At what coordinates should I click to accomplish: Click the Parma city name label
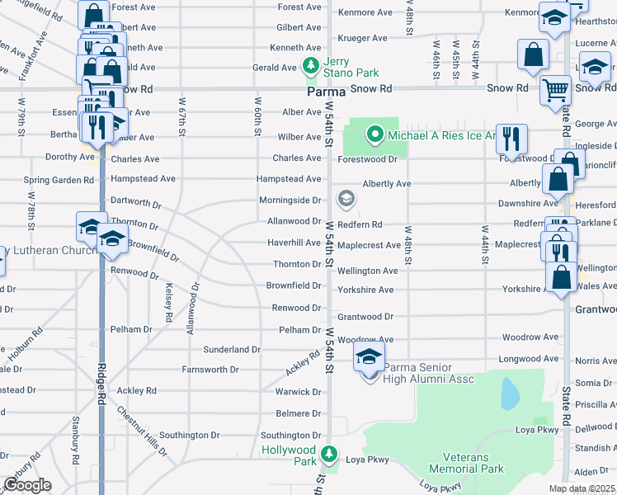point(325,92)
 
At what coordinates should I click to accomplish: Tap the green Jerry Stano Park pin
point(311,65)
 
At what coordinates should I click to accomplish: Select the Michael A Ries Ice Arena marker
point(374,134)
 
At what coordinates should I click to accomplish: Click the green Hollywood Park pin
point(329,454)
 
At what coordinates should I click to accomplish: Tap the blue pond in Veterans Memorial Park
point(510,394)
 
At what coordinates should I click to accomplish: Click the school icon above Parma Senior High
point(369,356)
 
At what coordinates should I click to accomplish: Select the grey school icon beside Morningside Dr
point(346,198)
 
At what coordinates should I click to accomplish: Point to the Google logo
point(27,485)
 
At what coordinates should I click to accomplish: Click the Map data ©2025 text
point(582,489)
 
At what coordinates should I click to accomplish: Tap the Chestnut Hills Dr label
point(141,430)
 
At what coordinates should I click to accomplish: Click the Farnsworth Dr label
point(210,370)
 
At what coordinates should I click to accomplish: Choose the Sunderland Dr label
point(233,350)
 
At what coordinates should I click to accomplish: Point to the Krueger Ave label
point(362,38)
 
